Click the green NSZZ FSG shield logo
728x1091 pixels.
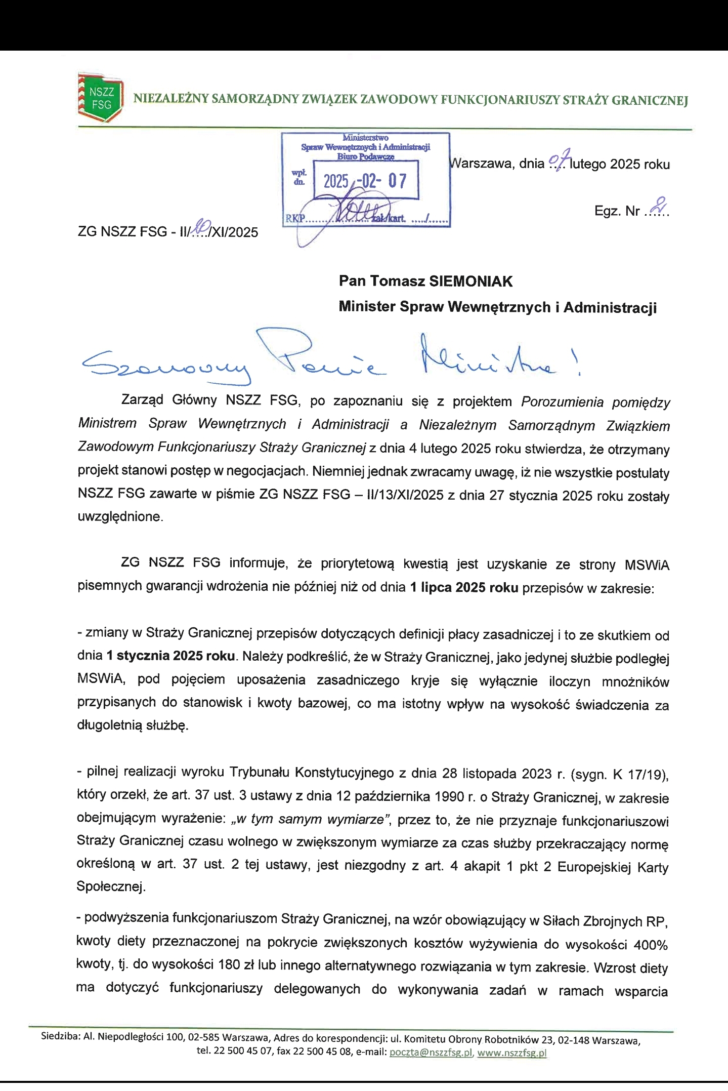[101, 98]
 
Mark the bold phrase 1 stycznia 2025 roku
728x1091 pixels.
[170, 656]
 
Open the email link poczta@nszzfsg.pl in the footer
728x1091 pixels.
[430, 1053]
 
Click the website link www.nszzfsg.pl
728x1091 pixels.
[512, 1053]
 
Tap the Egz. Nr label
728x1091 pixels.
[617, 211]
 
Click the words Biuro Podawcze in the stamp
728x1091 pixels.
[365, 157]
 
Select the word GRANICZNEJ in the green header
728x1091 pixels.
[650, 100]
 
